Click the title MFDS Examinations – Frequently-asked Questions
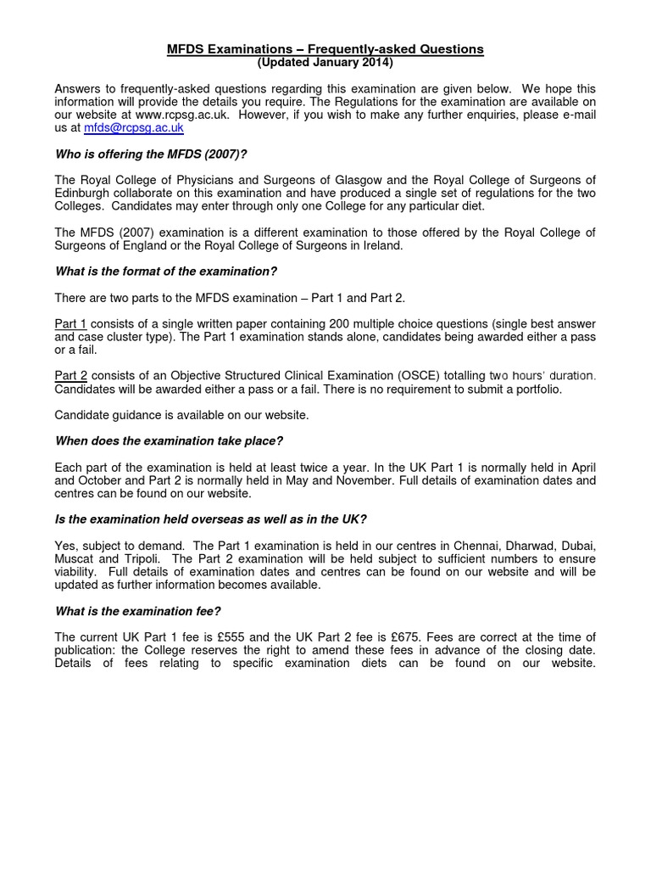325,49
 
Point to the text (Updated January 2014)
325,63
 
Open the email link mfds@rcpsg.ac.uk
132,128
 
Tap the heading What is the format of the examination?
166,272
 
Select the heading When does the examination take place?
169,441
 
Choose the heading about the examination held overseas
210,519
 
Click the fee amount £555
229,637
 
